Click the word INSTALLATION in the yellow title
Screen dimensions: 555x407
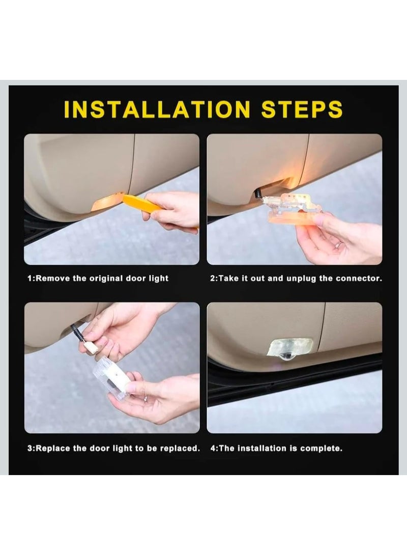point(157,110)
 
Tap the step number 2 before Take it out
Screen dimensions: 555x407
point(213,279)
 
